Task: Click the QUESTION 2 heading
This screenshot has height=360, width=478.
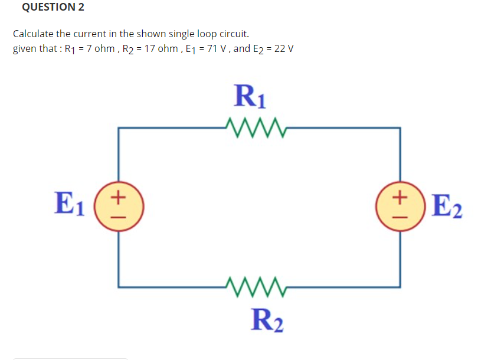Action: pyautogui.click(x=53, y=7)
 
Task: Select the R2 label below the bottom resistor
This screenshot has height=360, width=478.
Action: pyautogui.click(x=266, y=320)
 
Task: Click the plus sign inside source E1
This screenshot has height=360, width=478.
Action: pyautogui.click(x=119, y=195)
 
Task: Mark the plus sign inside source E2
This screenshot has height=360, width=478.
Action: pyautogui.click(x=401, y=195)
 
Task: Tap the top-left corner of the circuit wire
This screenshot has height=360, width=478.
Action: pyautogui.click(x=119, y=127)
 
